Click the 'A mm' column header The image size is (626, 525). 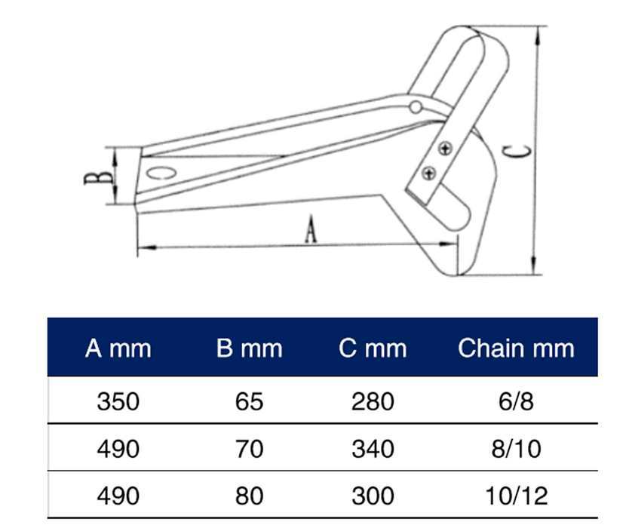tap(118, 348)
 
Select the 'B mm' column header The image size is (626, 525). tap(249, 348)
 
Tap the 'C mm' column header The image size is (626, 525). tap(373, 348)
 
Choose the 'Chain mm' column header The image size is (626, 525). tap(516, 348)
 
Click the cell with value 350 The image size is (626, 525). tap(118, 401)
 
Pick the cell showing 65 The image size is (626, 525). tap(249, 401)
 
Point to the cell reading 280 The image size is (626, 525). tap(373, 401)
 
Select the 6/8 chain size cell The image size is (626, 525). tap(516, 401)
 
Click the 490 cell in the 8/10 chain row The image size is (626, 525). tap(118, 449)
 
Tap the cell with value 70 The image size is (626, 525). tap(249, 449)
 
